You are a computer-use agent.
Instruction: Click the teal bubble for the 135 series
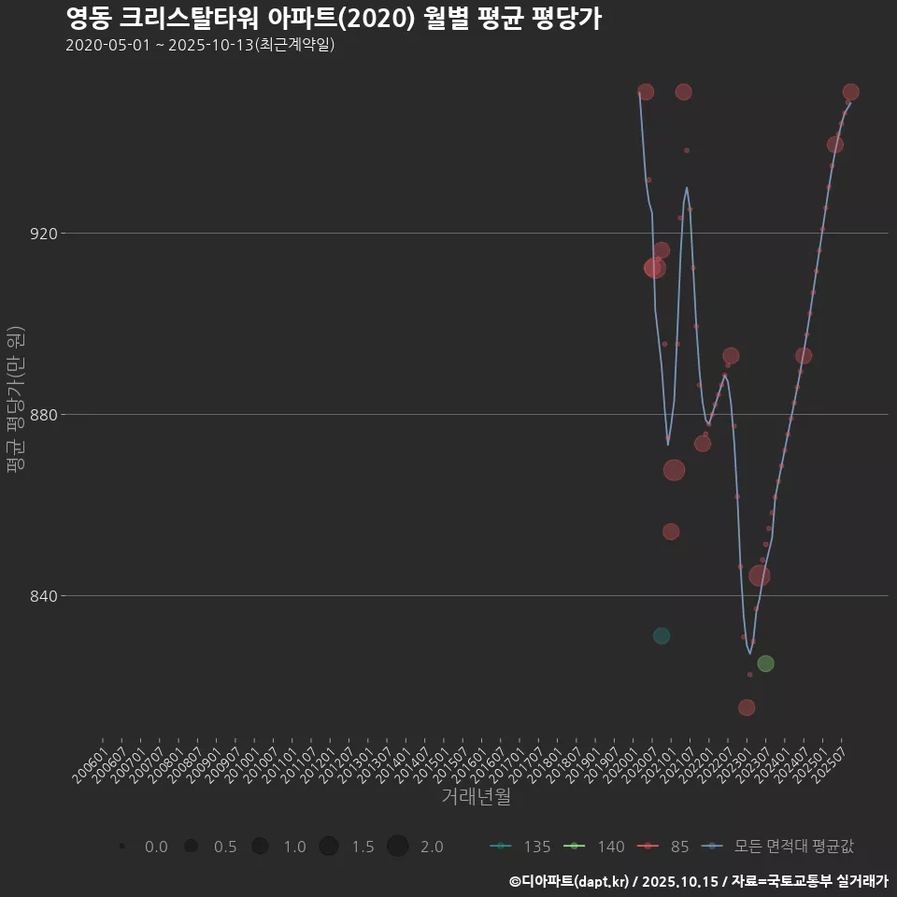pos(662,636)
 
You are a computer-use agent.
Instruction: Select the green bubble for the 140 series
pos(765,663)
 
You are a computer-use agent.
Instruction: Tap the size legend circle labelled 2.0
pos(398,847)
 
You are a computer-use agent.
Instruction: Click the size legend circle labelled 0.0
pos(122,847)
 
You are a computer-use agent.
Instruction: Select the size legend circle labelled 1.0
pos(260,847)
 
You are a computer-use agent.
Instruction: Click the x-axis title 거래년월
pos(476,797)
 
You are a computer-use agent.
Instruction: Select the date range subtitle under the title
pos(200,45)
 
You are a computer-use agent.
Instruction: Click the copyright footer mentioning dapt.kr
pos(698,881)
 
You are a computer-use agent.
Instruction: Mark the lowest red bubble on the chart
pos(746,707)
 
